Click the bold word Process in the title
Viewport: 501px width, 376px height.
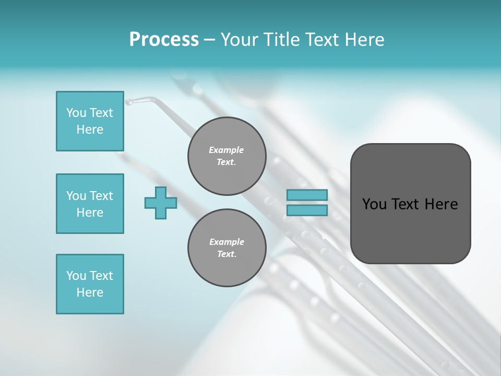pyautogui.click(x=164, y=40)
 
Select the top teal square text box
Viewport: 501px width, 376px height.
pyautogui.click(x=90, y=121)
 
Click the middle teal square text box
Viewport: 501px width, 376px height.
pyautogui.click(x=90, y=204)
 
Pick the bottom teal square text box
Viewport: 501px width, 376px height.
pyautogui.click(x=90, y=284)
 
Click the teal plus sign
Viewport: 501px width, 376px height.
pyautogui.click(x=161, y=203)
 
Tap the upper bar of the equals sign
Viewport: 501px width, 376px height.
pyautogui.click(x=307, y=195)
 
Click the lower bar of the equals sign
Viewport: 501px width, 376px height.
pyautogui.click(x=307, y=210)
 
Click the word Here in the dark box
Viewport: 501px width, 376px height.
pyautogui.click(x=441, y=204)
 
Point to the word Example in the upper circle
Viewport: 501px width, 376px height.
pyautogui.click(x=226, y=150)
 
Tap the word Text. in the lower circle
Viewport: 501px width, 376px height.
pyautogui.click(x=226, y=254)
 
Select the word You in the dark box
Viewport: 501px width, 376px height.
pyautogui.click(x=374, y=204)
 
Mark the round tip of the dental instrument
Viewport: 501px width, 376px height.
pyautogui.click(x=128, y=101)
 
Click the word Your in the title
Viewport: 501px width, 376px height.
pyautogui.click(x=238, y=40)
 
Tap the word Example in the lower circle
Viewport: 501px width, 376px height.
pyautogui.click(x=226, y=242)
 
